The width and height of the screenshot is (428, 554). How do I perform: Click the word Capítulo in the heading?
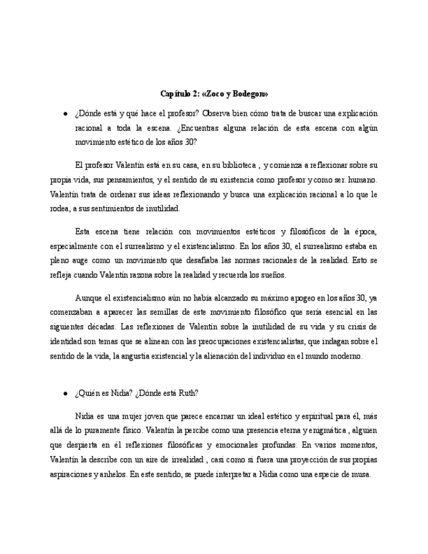coord(176,94)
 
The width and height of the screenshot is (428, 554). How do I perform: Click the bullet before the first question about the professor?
coord(65,114)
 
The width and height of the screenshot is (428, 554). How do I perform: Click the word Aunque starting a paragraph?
coord(88,297)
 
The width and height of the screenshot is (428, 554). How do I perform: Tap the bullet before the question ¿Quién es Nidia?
coord(65,393)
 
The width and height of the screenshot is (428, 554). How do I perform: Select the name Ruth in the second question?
coord(187,393)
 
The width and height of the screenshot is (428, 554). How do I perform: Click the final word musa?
coord(362,475)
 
